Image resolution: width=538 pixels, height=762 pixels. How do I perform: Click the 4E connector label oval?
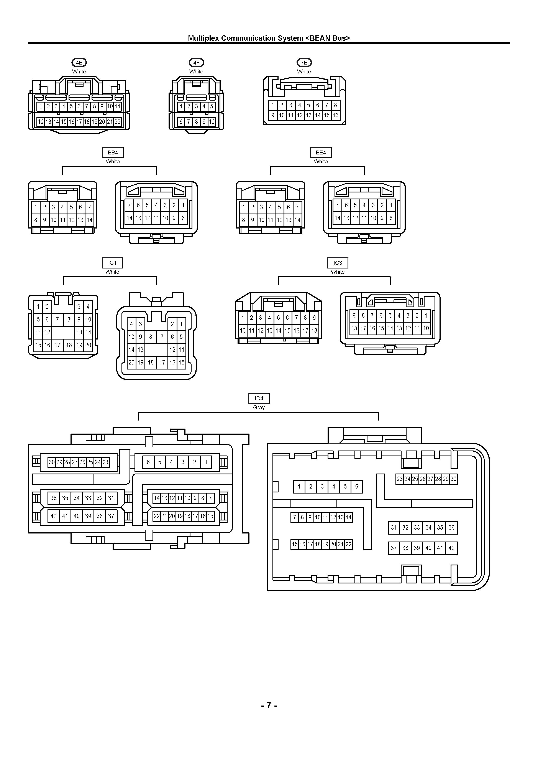(79, 62)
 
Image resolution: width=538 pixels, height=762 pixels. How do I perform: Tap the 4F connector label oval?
(196, 62)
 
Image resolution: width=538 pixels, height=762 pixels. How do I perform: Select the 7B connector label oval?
(304, 62)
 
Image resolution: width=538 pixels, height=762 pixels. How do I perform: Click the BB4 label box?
(113, 153)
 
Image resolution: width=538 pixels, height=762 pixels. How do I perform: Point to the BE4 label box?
(321, 153)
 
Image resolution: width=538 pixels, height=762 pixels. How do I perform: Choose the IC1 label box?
(112, 263)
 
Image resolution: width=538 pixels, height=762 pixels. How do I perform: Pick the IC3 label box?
(338, 263)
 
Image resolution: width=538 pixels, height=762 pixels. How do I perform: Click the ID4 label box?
(259, 398)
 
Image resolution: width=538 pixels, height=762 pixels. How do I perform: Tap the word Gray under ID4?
(259, 407)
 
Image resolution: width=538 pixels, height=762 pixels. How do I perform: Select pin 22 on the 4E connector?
(117, 122)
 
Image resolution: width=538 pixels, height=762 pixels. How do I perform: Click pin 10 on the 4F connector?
(212, 122)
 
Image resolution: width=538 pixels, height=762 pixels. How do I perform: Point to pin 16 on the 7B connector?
(335, 115)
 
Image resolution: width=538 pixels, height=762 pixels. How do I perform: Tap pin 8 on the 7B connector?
(335, 105)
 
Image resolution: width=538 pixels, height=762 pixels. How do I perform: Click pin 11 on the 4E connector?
(118, 106)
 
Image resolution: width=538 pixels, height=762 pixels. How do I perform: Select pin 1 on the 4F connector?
(181, 106)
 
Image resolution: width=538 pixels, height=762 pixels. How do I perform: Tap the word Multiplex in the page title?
(203, 38)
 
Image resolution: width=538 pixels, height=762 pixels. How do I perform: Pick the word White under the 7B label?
(304, 71)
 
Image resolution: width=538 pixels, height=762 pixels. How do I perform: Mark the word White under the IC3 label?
(338, 272)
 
